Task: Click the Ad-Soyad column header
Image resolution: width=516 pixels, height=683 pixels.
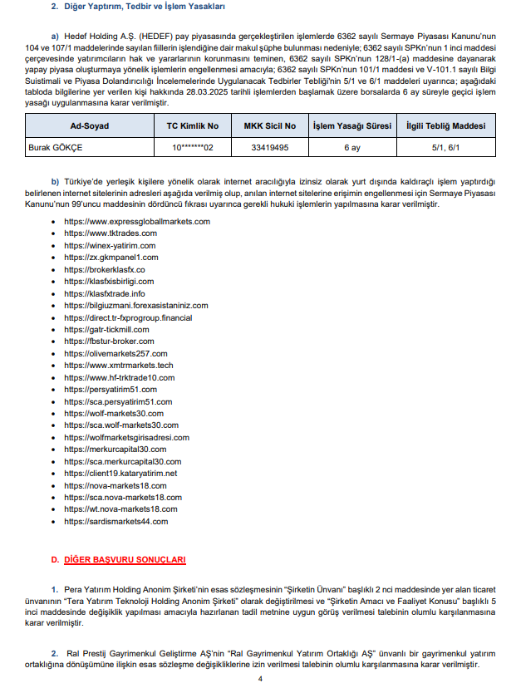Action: click(x=90, y=125)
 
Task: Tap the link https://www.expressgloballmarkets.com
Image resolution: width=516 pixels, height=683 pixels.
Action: click(x=137, y=222)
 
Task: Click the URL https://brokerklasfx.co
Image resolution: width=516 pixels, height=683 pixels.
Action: click(x=105, y=270)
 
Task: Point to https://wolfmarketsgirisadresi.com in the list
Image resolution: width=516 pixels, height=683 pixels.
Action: click(x=126, y=438)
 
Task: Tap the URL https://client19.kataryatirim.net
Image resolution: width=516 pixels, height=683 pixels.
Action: click(x=120, y=474)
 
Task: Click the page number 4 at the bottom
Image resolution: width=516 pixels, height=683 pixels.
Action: click(x=259, y=678)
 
